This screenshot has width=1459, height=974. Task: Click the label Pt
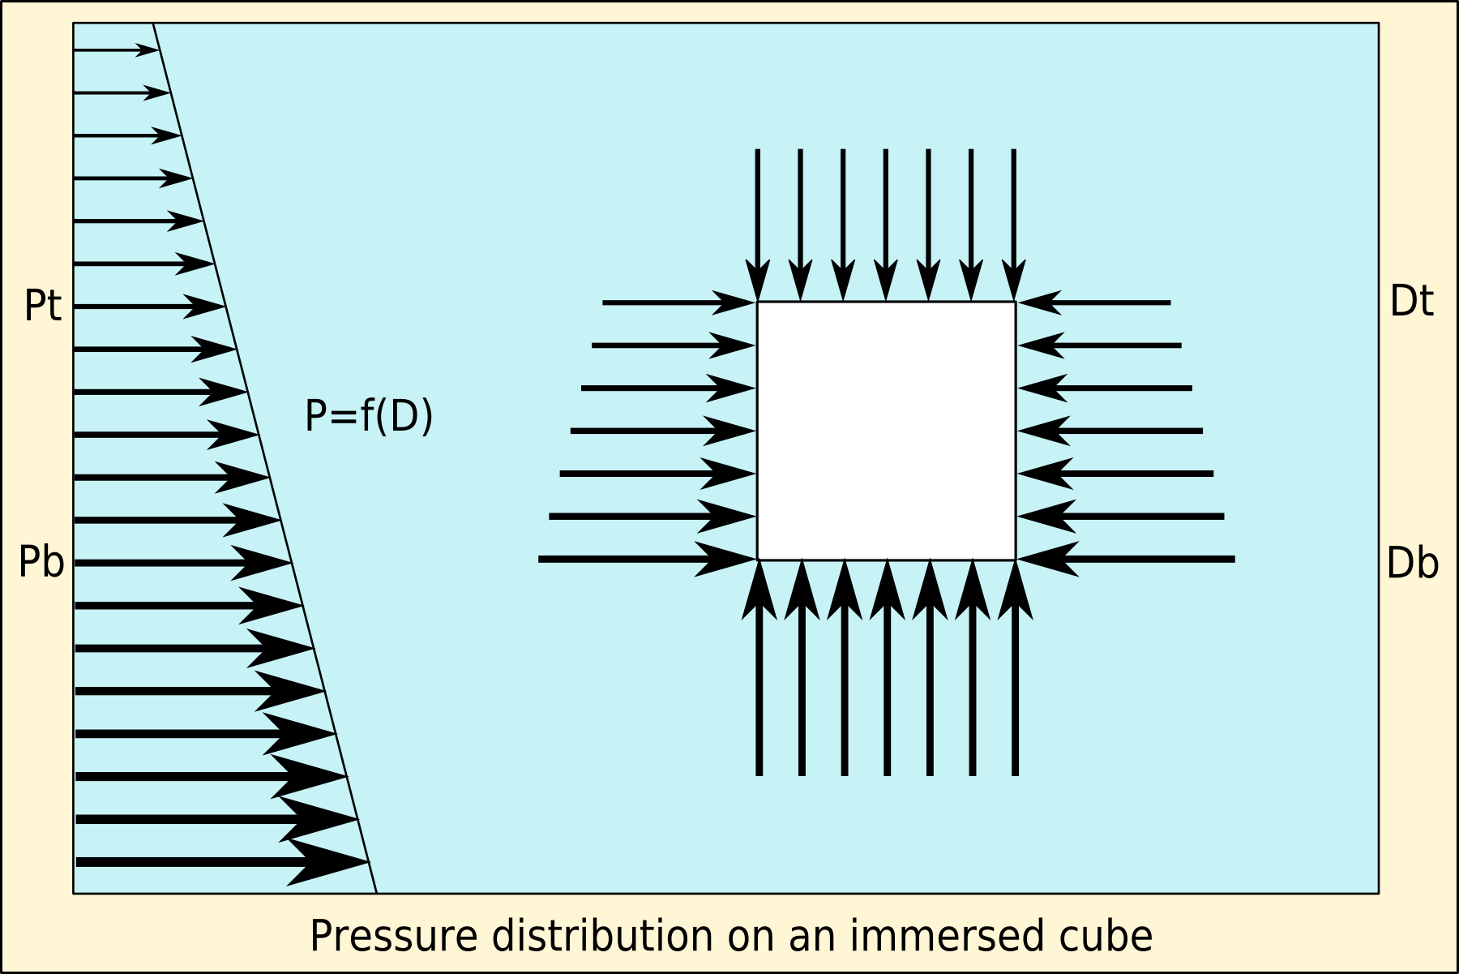point(43,307)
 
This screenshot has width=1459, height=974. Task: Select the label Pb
point(41,563)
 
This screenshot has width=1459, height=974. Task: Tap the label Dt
point(1411,302)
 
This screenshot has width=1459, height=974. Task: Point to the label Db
point(1412,563)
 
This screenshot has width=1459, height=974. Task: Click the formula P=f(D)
point(369,416)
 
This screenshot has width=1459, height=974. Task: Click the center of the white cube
point(886,431)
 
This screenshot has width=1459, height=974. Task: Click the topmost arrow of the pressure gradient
point(115,50)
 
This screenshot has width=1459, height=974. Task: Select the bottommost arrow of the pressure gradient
point(219,861)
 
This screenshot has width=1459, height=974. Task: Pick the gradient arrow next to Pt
point(148,307)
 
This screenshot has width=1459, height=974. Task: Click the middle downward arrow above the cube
point(886,223)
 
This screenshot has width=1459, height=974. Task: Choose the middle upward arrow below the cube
point(887,669)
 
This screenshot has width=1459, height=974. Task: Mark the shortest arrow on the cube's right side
point(1094,302)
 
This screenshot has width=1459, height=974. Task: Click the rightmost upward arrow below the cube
point(1015,669)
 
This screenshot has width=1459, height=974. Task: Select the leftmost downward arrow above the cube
point(758,223)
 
